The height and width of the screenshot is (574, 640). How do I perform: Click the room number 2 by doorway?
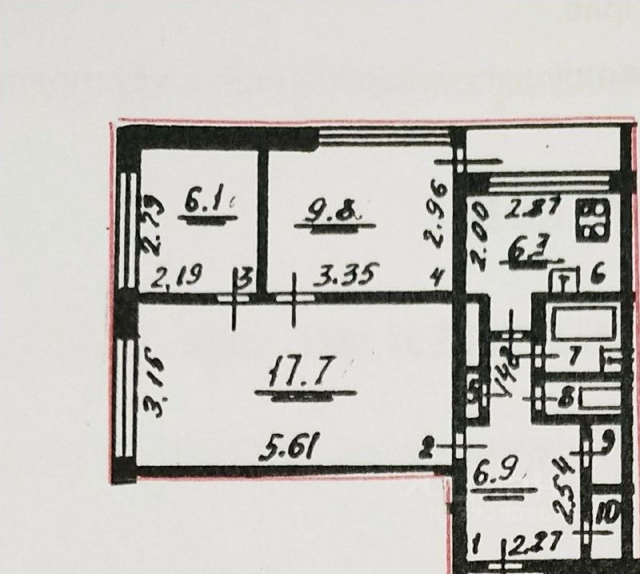[429, 449]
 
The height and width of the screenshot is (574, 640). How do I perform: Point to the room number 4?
[437, 279]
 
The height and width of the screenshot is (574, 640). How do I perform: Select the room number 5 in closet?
[475, 393]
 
